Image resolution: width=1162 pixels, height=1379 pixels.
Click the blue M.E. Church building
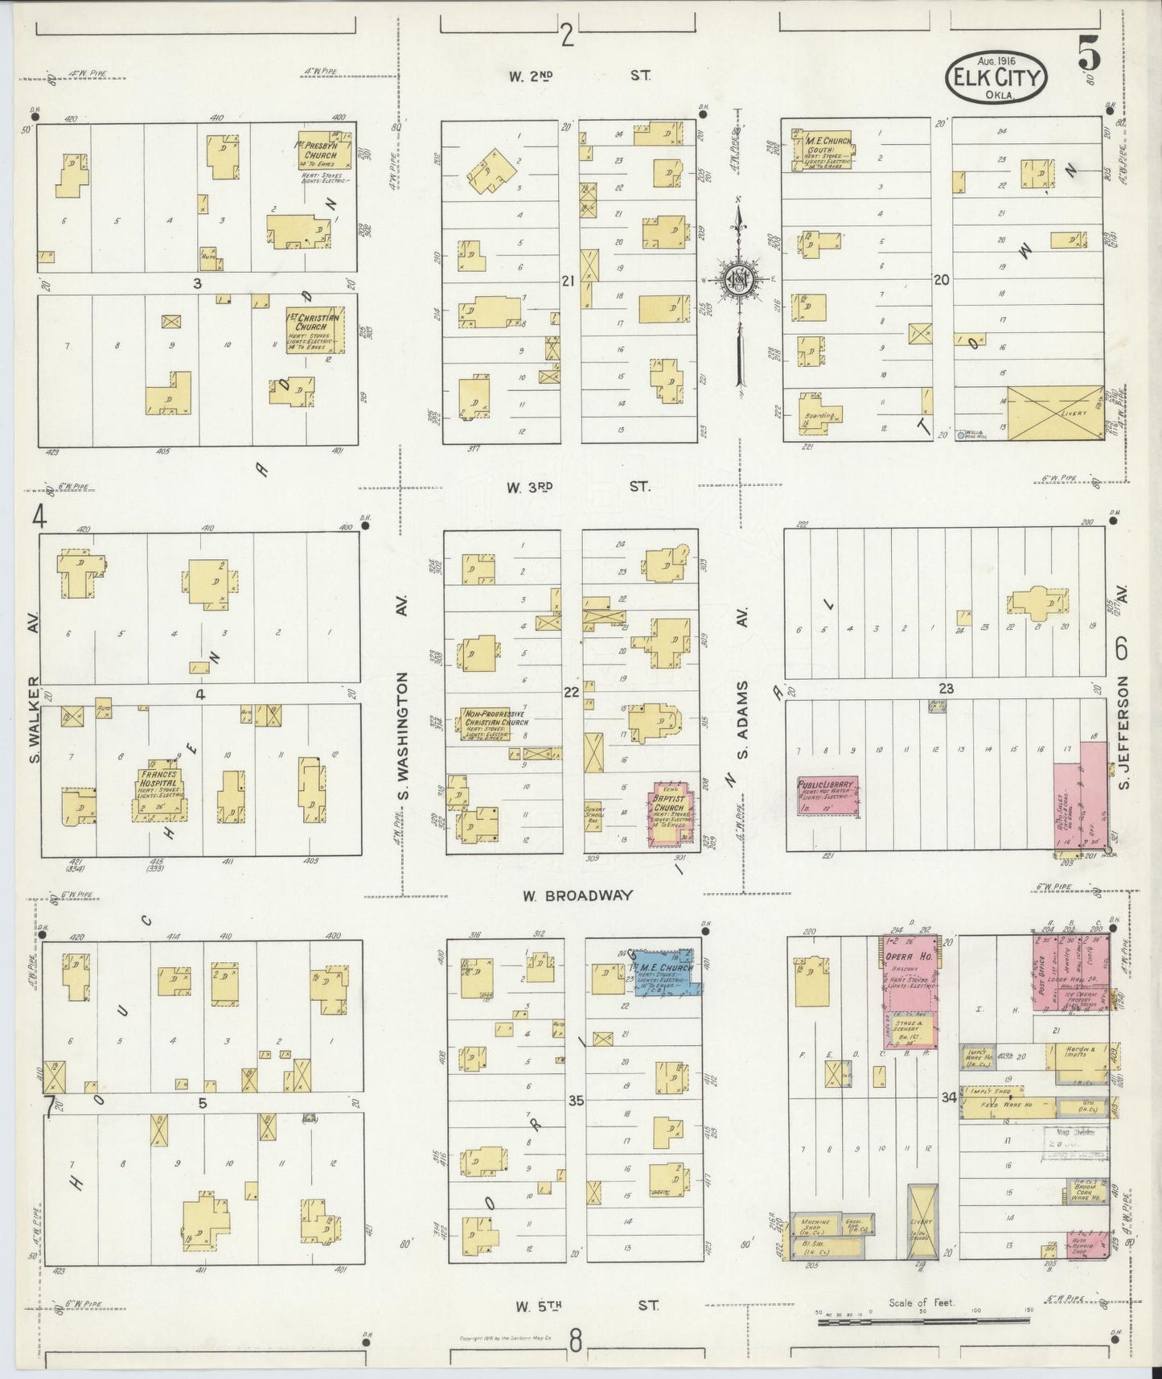pyautogui.click(x=664, y=971)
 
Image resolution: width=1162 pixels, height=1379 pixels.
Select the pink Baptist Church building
pyautogui.click(x=669, y=813)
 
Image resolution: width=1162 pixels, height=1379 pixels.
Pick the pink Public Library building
pyautogui.click(x=827, y=796)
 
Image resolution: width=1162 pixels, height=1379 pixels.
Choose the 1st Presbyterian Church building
pyautogui.click(x=325, y=150)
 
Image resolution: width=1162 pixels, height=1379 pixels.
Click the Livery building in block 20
pyautogui.click(x=1055, y=414)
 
